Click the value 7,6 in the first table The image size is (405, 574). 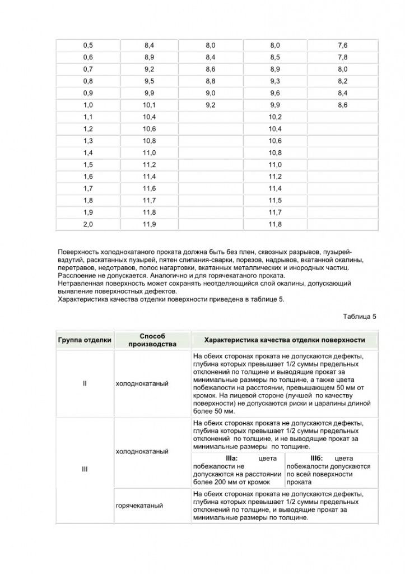(x=342, y=45)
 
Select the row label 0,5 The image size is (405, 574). (x=88, y=45)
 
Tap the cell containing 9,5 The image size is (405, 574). (x=149, y=81)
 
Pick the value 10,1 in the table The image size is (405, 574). (x=149, y=105)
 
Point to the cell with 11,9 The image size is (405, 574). (x=149, y=225)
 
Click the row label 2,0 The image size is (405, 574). (x=88, y=225)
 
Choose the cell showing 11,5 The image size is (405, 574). (x=274, y=201)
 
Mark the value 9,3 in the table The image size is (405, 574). (x=274, y=81)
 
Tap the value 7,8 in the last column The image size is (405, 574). (x=342, y=57)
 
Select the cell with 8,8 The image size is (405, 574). (x=211, y=81)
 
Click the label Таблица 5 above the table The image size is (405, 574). (x=360, y=317)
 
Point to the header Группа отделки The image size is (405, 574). (x=85, y=340)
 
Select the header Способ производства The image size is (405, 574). (x=148, y=340)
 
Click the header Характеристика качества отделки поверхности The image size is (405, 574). (x=285, y=340)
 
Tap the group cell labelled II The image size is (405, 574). (x=85, y=384)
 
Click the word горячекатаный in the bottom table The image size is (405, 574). (x=139, y=506)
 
